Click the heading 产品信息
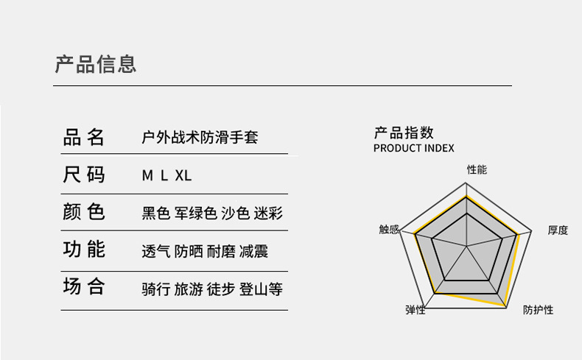(x=96, y=64)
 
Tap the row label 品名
(x=84, y=137)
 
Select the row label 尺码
(x=84, y=175)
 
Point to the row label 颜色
(x=84, y=212)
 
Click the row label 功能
(x=84, y=250)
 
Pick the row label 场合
(x=84, y=287)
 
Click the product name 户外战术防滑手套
(x=200, y=138)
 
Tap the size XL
(x=183, y=176)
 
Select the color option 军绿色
(x=196, y=213)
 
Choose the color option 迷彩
(x=268, y=213)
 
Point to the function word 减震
(x=253, y=251)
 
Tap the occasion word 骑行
(x=155, y=289)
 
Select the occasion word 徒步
(x=220, y=289)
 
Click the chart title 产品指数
(x=404, y=133)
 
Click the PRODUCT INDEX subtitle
(x=414, y=148)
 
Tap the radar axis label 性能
(x=477, y=169)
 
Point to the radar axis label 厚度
(x=558, y=230)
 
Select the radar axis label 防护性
(x=538, y=310)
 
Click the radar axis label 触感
(x=389, y=230)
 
